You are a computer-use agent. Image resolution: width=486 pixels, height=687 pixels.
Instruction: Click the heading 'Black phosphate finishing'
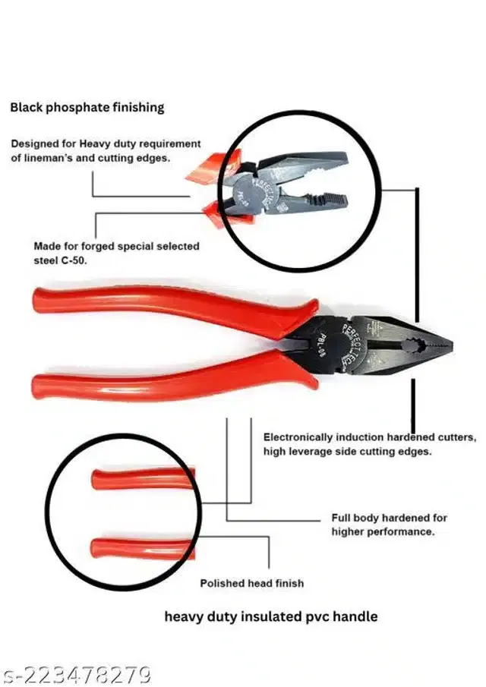click(87, 107)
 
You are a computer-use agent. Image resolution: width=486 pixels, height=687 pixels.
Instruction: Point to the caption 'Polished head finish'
click(252, 583)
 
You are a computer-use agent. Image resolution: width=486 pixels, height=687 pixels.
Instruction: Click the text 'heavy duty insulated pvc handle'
click(271, 616)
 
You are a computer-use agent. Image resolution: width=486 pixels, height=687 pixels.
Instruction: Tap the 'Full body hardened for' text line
click(389, 518)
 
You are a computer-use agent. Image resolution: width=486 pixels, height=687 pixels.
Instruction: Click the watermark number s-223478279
click(76, 675)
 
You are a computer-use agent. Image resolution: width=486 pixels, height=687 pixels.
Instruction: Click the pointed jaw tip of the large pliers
click(451, 346)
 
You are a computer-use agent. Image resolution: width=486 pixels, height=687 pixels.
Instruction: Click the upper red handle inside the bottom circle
click(144, 478)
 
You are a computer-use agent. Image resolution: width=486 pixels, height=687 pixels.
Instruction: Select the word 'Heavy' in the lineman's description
click(95, 143)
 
